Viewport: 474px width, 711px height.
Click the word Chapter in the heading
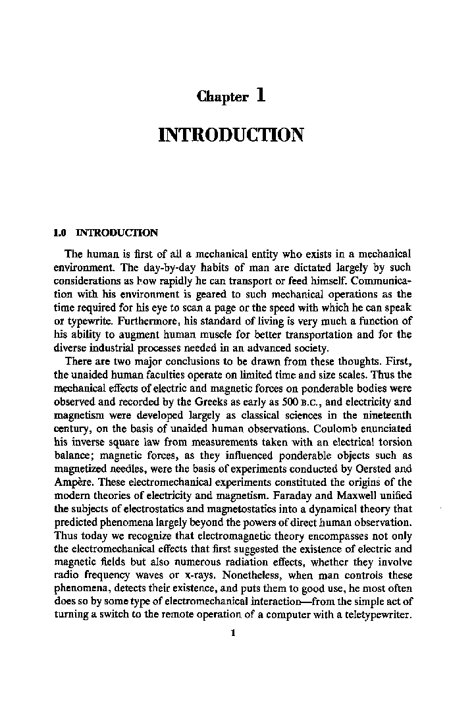[223, 97]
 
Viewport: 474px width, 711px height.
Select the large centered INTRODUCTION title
[231, 136]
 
